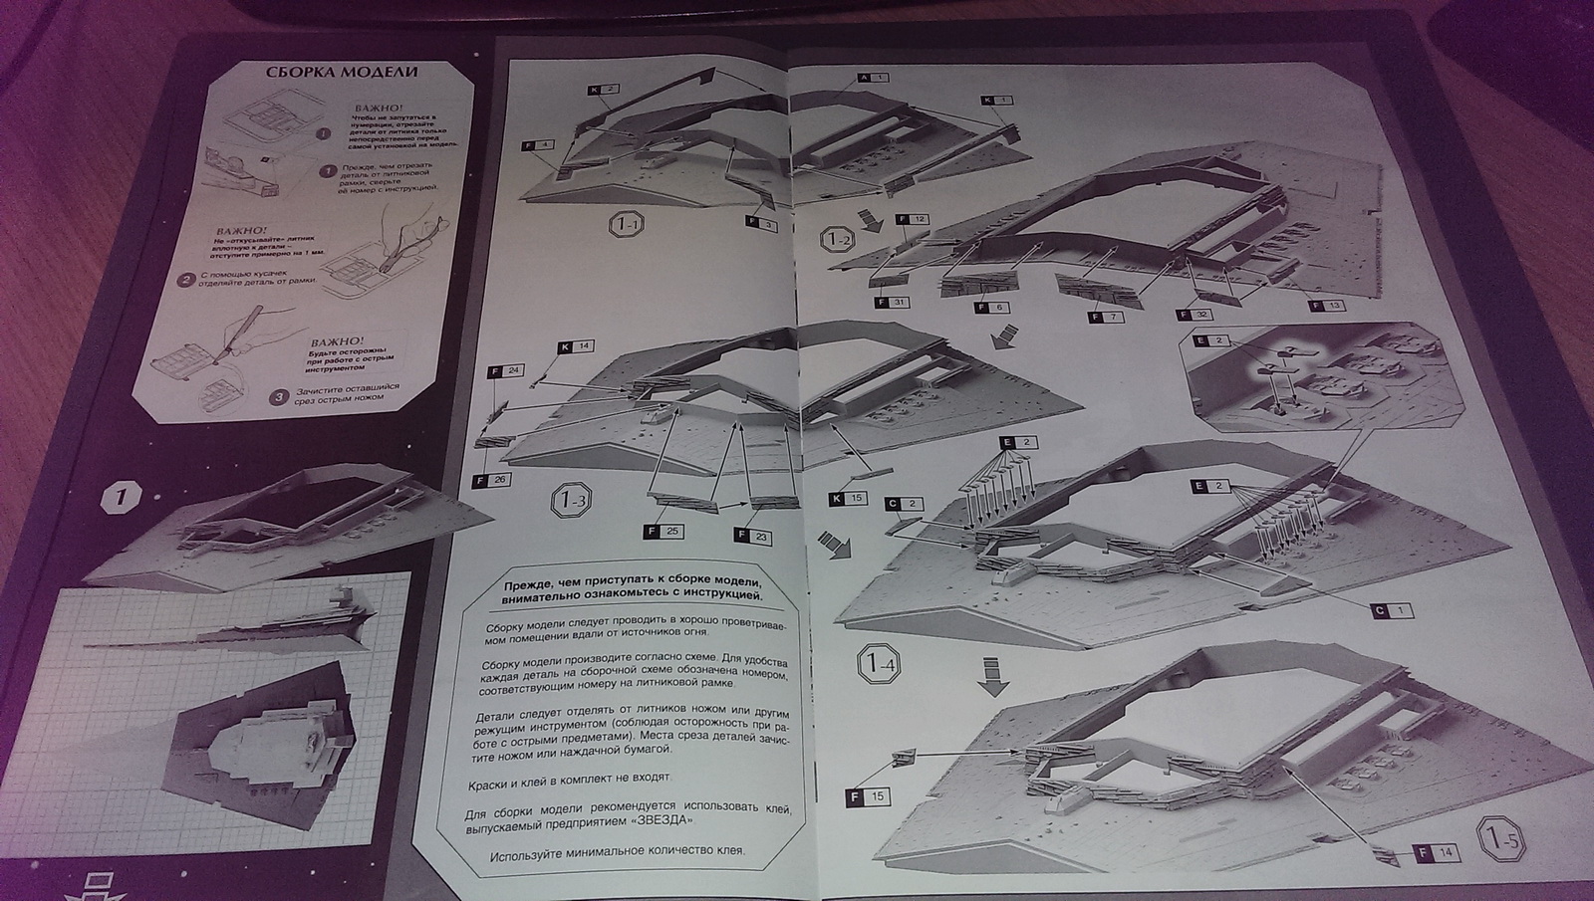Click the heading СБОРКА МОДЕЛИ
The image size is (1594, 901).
click(x=341, y=73)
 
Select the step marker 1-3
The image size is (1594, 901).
click(x=572, y=497)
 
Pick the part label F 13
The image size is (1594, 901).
click(x=1327, y=306)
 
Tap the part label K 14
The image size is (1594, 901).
click(x=575, y=346)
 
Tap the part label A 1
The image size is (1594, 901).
click(x=872, y=77)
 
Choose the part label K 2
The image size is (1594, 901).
click(x=603, y=90)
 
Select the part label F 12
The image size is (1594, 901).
click(x=913, y=219)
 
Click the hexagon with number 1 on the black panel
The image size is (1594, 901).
click(x=121, y=497)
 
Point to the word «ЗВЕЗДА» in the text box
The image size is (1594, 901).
click(x=657, y=822)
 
